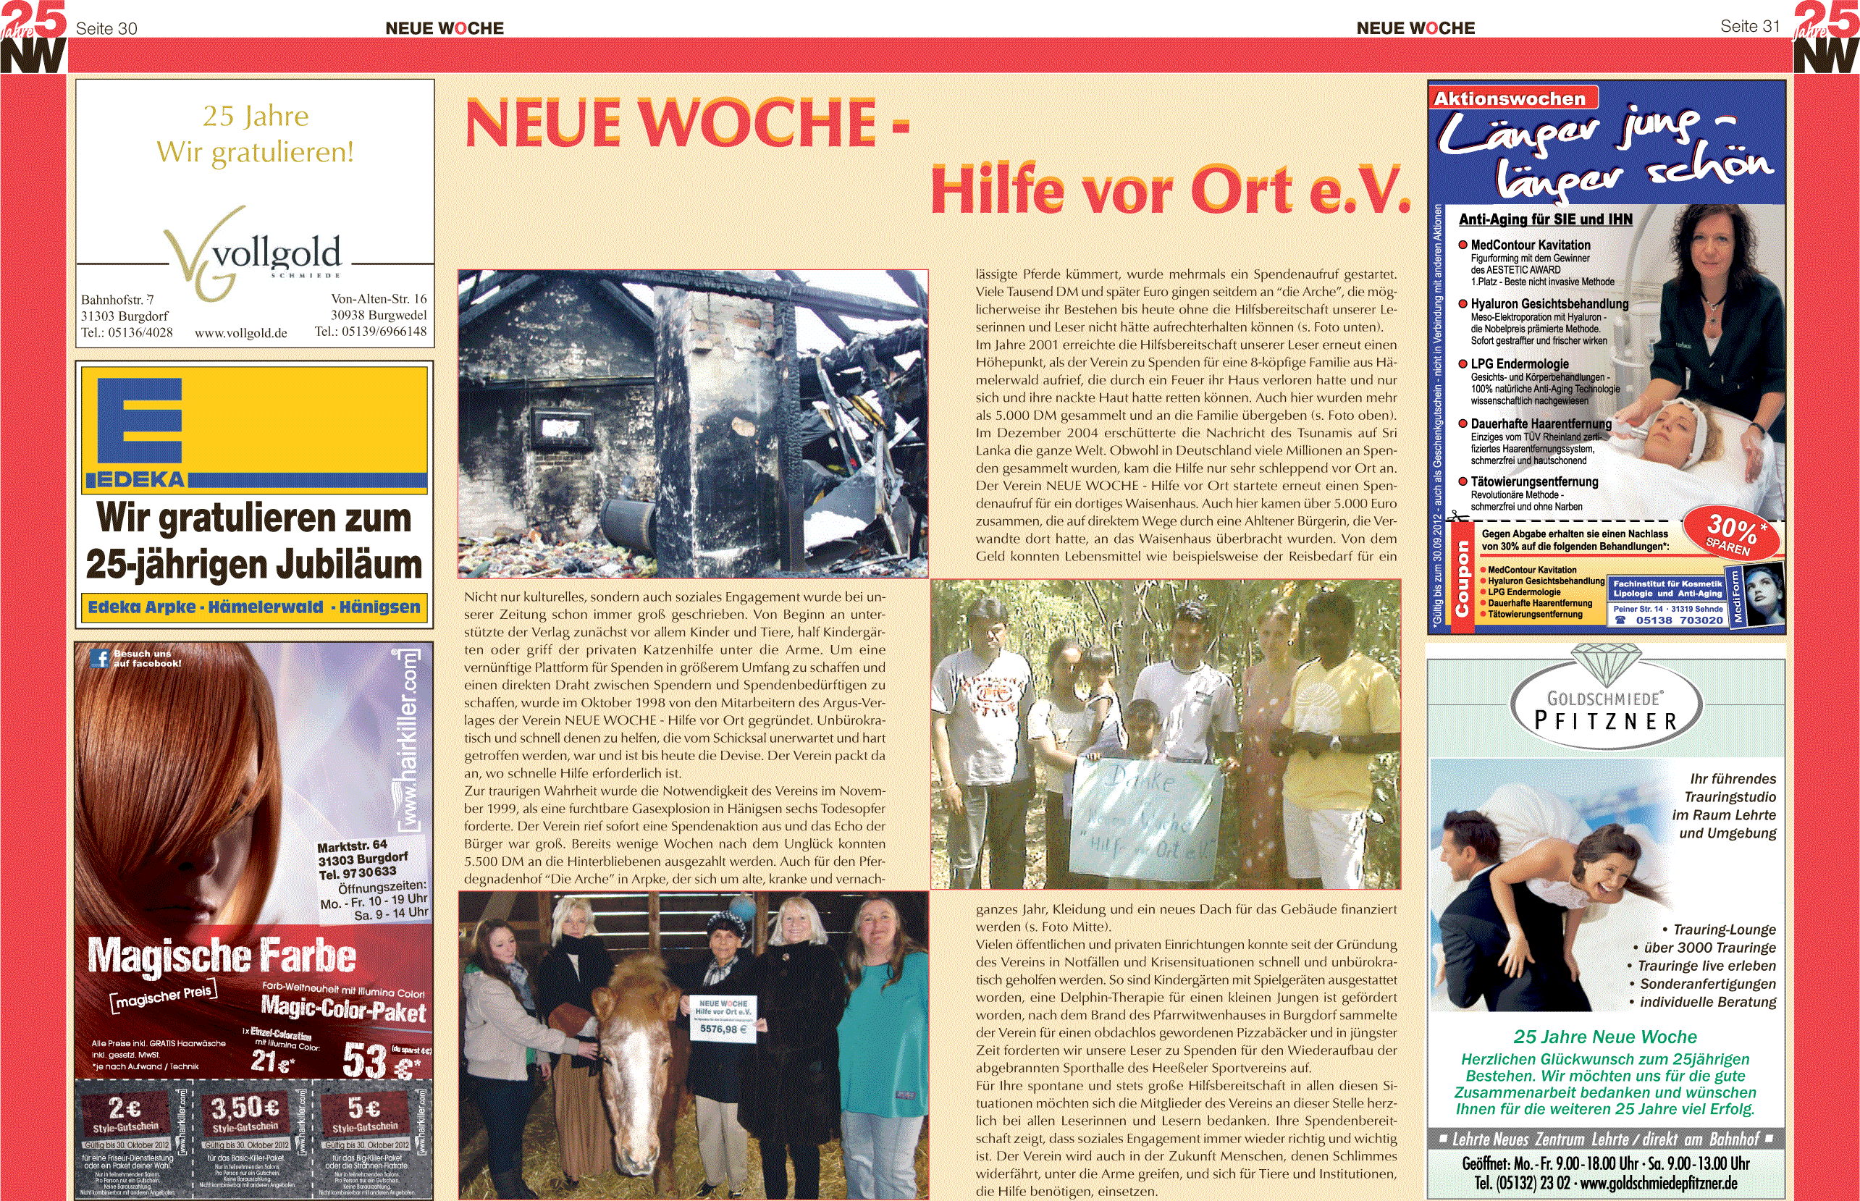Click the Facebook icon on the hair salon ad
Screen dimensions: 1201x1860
99,658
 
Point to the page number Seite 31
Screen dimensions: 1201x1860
1749,27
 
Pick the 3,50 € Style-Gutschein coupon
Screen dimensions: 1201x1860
245,1115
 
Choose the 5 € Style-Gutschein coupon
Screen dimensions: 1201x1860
365,1115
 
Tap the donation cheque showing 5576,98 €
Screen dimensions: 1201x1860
723,1018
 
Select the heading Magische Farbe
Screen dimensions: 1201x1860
222,956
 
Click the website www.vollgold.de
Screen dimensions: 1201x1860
241,333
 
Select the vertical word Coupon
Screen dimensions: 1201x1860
1463,578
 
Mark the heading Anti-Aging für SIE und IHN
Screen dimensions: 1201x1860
1545,220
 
